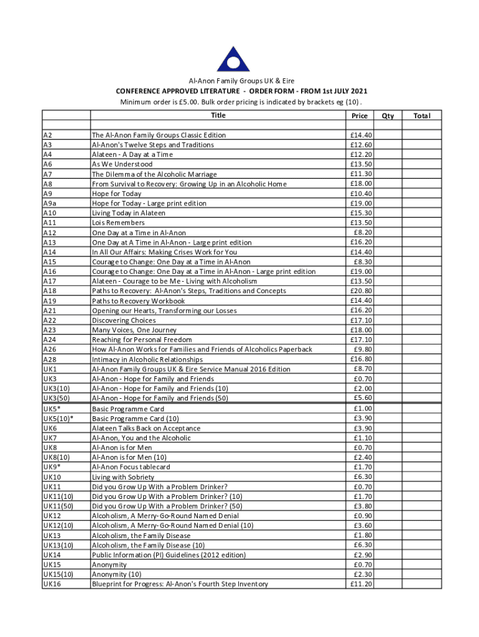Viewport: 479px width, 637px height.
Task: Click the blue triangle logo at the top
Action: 233,52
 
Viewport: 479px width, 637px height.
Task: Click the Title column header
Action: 218,115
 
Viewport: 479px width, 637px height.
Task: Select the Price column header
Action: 360,116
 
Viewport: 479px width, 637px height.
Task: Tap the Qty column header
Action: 388,116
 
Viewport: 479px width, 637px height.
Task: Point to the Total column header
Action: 430,116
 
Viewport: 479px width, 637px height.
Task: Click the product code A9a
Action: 50,203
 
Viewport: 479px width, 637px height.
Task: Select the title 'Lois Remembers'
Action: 118,223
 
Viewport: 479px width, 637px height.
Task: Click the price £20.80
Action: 361,291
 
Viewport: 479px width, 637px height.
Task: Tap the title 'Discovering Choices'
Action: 124,320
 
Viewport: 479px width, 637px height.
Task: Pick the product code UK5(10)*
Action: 58,419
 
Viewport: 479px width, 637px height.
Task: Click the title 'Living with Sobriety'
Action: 123,477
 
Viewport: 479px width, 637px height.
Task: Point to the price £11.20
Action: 361,584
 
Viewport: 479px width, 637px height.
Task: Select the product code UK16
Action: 52,584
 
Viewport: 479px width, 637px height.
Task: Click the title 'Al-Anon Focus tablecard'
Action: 131,467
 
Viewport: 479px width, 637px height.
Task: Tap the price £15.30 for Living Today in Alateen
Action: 361,213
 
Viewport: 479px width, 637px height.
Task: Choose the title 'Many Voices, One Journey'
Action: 134,330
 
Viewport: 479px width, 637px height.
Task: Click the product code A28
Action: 49,360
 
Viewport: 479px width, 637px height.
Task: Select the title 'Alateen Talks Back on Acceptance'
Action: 146,428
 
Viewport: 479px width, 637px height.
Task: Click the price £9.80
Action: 362,349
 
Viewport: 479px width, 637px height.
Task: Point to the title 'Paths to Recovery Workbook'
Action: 138,301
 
